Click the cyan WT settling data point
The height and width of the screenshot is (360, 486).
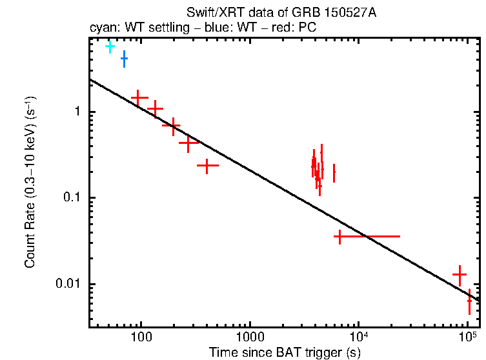pos(110,46)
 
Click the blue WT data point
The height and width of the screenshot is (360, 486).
pos(124,59)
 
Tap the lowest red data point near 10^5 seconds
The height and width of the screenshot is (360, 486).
pos(470,300)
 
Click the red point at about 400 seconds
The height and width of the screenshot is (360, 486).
pos(207,166)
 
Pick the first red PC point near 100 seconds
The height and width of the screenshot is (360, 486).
pos(139,97)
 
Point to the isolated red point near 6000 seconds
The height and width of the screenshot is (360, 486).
pos(334,173)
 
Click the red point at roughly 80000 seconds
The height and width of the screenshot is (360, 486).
pos(459,274)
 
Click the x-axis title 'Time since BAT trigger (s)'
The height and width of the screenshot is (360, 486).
pos(285,352)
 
